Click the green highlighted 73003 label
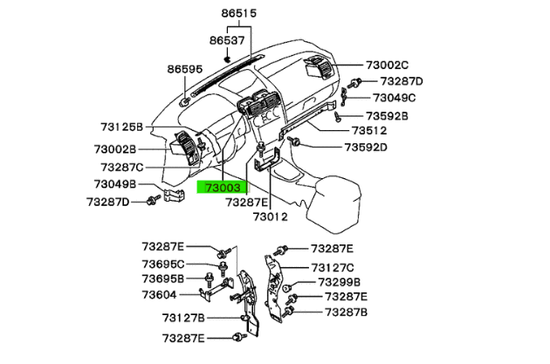click(x=223, y=187)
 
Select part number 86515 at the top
click(x=239, y=15)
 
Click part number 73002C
click(x=387, y=65)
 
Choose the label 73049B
click(x=113, y=184)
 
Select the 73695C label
click(x=163, y=264)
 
